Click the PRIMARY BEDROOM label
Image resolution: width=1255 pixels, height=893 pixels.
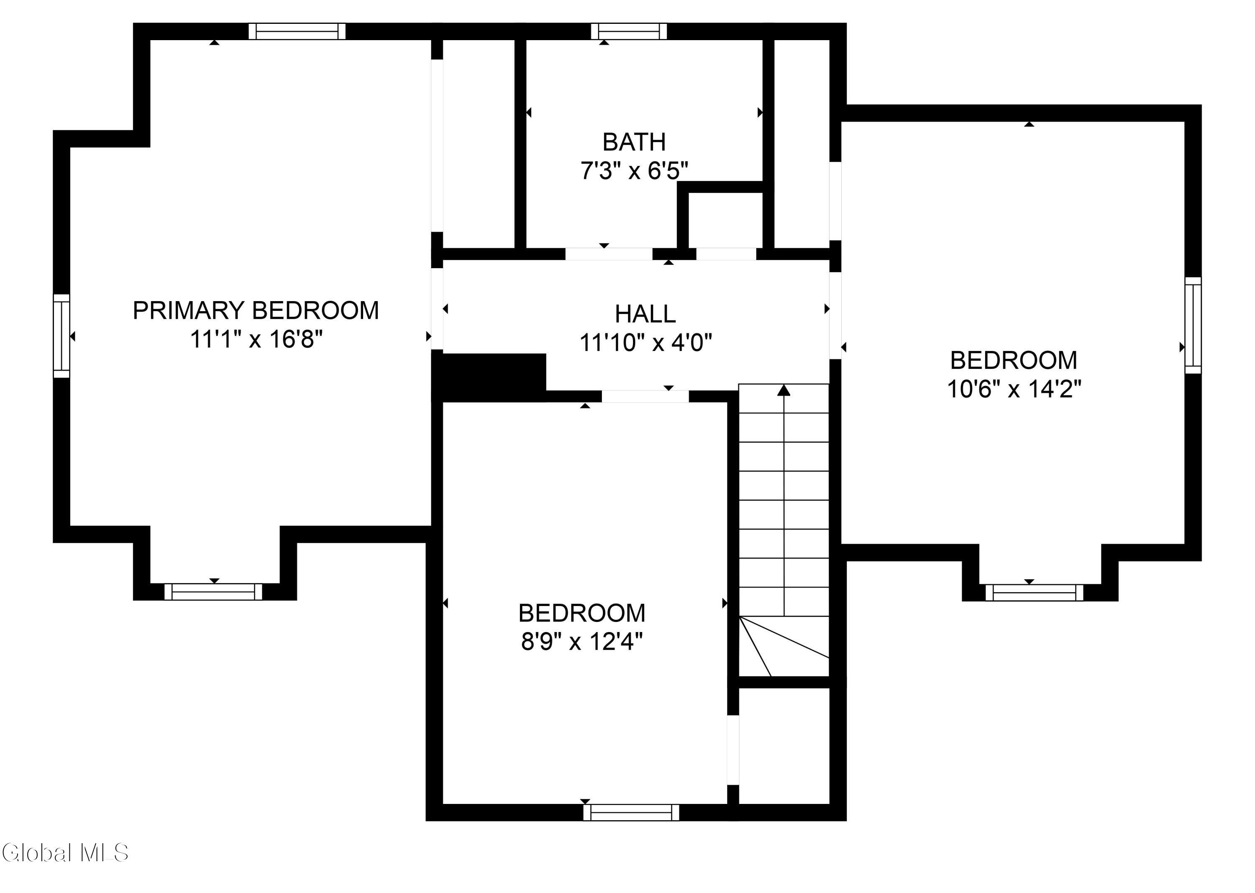256,311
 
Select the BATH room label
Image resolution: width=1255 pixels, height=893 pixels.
634,142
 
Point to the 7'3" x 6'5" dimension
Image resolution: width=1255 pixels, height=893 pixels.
634,171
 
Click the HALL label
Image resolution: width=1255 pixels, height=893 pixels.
645,314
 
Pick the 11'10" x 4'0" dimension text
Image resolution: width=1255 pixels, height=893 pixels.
645,343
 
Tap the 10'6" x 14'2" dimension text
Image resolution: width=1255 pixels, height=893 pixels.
1014,389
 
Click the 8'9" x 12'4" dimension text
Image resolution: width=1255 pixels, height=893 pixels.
582,641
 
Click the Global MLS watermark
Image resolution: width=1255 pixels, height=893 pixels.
65,853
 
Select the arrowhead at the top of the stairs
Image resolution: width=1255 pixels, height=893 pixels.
784,390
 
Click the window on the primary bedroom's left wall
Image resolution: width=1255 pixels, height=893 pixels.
61,336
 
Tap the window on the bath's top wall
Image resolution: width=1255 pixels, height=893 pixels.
629,31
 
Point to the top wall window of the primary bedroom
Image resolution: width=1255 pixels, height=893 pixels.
297,31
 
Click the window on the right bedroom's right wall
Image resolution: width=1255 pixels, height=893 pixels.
1193,325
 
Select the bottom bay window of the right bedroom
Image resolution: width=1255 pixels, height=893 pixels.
1034,592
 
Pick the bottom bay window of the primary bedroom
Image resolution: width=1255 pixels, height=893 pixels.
213,592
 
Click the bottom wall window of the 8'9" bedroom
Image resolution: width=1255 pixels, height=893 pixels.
631,812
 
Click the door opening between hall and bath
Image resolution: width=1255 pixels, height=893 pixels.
609,254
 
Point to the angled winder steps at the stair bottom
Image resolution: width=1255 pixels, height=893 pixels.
784,646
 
